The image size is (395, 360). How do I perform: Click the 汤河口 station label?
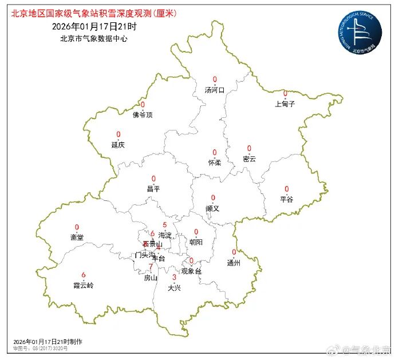[x=215, y=90]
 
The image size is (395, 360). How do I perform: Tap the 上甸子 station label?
[x=285, y=104]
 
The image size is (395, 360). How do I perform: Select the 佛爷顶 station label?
[x=143, y=115]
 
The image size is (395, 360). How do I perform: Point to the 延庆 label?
[x=118, y=145]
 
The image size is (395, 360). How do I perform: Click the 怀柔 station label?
[x=215, y=163]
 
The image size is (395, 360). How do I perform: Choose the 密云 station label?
[x=249, y=159]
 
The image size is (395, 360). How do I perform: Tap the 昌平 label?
[x=153, y=188]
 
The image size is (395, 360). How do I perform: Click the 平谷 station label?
[x=286, y=199]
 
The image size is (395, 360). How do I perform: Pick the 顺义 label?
[x=212, y=208]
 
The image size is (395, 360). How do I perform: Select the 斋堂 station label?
[x=77, y=237]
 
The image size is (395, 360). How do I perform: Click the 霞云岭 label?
[x=83, y=285]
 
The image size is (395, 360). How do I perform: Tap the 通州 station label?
[x=234, y=263]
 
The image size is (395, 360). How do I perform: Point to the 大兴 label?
[x=174, y=288]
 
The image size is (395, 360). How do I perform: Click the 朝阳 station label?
[x=196, y=242]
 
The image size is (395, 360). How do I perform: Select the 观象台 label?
[x=191, y=271]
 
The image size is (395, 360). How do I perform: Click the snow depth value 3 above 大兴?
[x=174, y=278]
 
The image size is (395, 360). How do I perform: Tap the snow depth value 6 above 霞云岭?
[x=84, y=275]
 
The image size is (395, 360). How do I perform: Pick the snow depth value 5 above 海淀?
[x=165, y=225]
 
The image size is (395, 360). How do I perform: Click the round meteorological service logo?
[x=359, y=33]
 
